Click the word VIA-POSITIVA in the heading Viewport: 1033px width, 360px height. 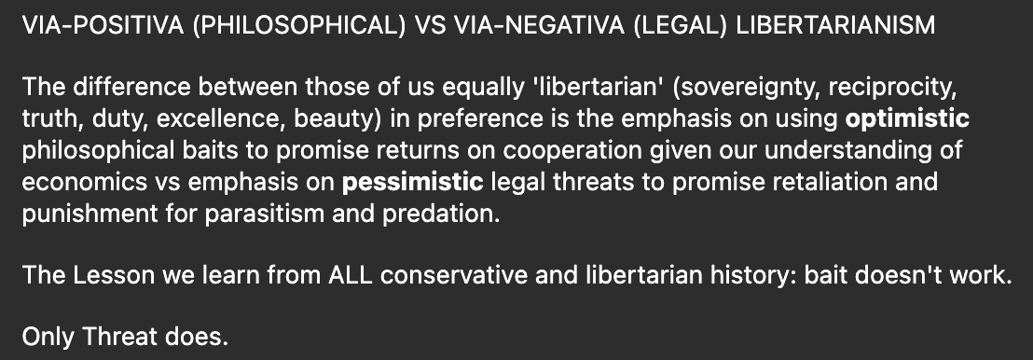103,26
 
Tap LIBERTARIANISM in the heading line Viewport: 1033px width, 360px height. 835,26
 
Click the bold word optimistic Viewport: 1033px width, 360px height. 907,118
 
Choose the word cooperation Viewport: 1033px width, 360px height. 572,150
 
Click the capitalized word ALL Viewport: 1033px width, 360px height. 350,276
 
